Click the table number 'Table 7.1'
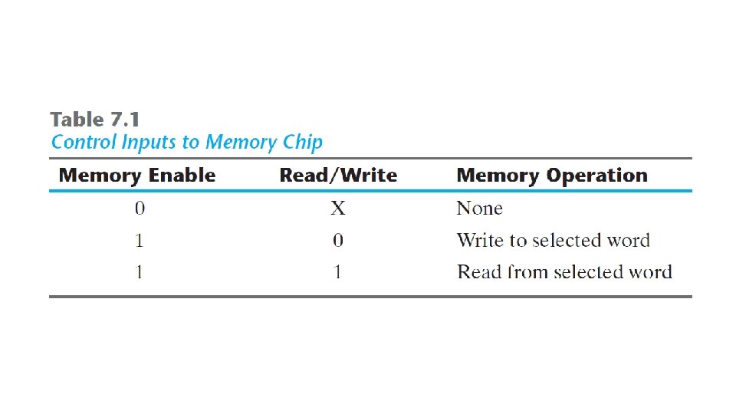tap(95, 120)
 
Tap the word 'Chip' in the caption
tap(303, 143)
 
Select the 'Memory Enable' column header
tap(137, 176)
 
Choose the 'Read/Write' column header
tap(338, 176)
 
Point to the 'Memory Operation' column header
tap(552, 176)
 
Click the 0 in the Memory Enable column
tap(139, 209)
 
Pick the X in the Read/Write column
tap(338, 209)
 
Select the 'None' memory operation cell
tap(479, 209)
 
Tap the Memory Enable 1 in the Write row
tap(139, 241)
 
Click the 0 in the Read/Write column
tap(338, 241)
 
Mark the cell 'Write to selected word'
tap(553, 241)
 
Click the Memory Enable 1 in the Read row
tap(139, 272)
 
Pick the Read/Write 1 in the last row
tap(338, 272)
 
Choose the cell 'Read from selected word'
tap(564, 272)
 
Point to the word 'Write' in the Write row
tap(480, 241)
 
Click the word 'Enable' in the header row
tap(182, 176)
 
